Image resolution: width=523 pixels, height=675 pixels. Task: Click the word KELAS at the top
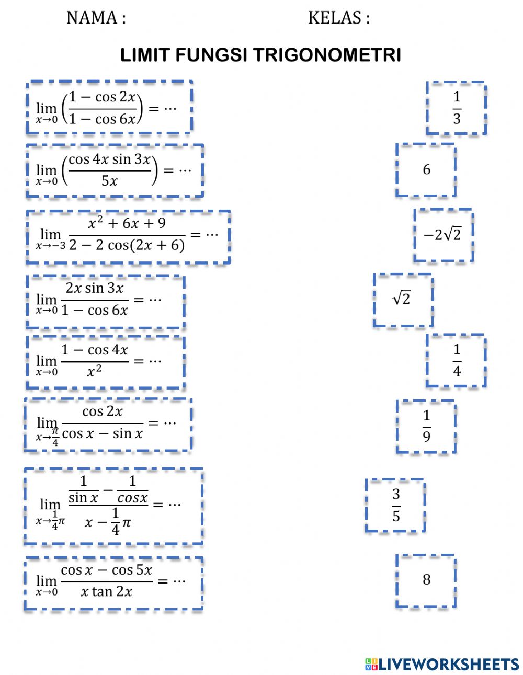pyautogui.click(x=334, y=18)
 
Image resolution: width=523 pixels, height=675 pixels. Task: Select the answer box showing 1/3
pyautogui.click(x=457, y=108)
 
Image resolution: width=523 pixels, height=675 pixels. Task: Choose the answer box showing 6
pyautogui.click(x=426, y=169)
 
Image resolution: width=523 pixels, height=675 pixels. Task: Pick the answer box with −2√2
pyautogui.click(x=443, y=235)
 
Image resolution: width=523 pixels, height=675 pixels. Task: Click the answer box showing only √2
pyautogui.click(x=402, y=300)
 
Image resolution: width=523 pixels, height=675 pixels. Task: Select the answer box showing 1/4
pyautogui.click(x=457, y=360)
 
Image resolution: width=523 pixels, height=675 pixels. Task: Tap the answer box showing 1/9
pyautogui.click(x=426, y=426)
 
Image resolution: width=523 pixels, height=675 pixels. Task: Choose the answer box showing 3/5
pyautogui.click(x=396, y=505)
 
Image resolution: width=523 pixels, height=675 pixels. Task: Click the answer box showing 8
pyautogui.click(x=426, y=580)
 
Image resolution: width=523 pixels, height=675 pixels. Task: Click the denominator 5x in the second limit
pyautogui.click(x=109, y=181)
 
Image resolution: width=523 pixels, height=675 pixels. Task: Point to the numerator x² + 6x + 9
pyautogui.click(x=127, y=223)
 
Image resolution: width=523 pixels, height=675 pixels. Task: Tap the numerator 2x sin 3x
pyautogui.click(x=95, y=288)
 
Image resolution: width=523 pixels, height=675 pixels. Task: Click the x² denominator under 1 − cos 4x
pyautogui.click(x=94, y=372)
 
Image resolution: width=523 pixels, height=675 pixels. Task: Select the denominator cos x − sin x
pyautogui.click(x=103, y=433)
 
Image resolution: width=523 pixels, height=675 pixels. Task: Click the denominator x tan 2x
pyautogui.click(x=107, y=592)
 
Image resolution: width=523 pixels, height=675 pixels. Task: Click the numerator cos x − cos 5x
pyautogui.click(x=107, y=570)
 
